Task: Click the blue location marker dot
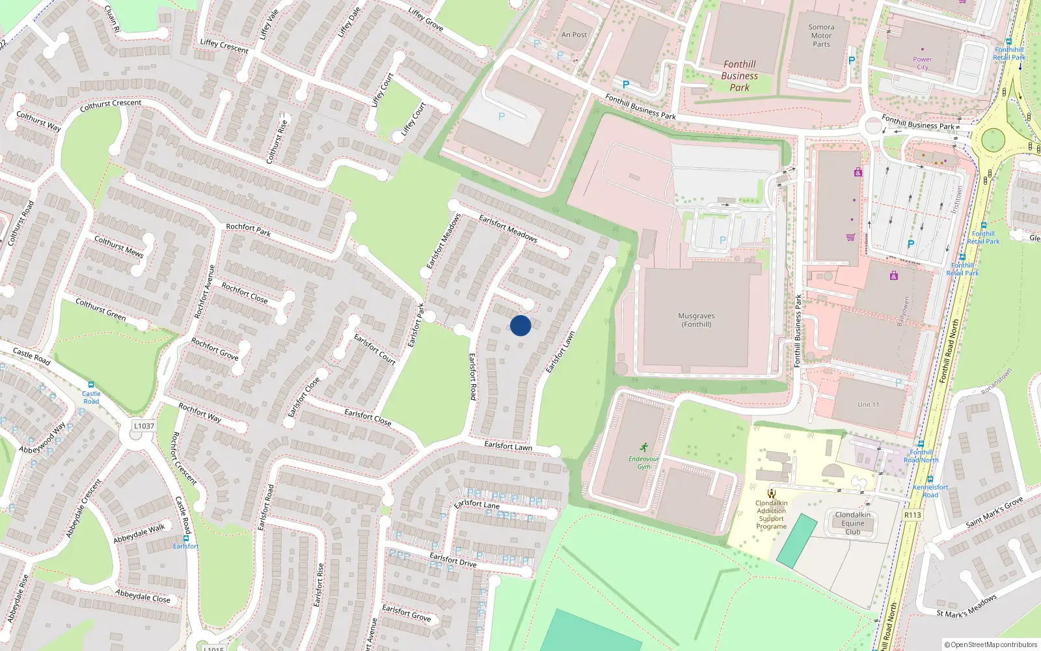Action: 520,325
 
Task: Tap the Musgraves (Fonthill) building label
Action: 696,320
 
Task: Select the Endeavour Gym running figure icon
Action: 643,447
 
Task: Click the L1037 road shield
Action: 144,426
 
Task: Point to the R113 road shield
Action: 913,515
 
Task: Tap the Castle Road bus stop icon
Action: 91,385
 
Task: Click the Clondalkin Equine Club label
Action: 852,523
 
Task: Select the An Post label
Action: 574,35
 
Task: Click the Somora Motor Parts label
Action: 821,36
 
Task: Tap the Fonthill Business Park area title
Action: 739,76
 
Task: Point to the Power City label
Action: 922,63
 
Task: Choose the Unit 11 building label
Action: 868,405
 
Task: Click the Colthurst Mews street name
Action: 119,247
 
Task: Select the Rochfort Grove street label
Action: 215,349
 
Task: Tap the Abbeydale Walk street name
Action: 139,534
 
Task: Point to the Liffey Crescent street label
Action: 224,46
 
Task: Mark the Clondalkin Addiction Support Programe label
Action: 772,515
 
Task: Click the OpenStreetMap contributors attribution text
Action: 994,645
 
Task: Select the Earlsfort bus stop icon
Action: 186,538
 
